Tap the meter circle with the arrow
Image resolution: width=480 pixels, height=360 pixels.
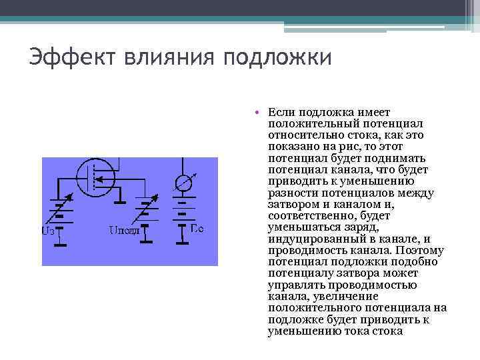(x=182, y=183)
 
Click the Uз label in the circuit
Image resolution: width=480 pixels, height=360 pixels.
(x=48, y=231)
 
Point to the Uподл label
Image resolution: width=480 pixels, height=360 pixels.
(x=123, y=231)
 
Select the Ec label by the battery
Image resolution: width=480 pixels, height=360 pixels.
(x=197, y=229)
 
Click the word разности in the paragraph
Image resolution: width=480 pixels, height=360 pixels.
(x=292, y=193)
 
